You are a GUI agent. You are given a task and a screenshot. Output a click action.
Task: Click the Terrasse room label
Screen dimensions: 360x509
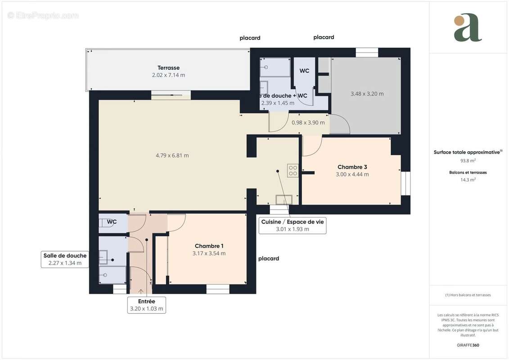pyautogui.click(x=168, y=68)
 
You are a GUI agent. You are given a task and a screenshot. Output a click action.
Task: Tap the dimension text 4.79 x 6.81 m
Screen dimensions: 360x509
pyautogui.click(x=172, y=156)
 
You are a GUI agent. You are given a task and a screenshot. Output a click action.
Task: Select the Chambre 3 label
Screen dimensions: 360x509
pyautogui.click(x=352, y=167)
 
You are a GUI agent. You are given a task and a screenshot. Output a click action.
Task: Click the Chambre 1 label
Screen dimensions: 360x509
pyautogui.click(x=209, y=246)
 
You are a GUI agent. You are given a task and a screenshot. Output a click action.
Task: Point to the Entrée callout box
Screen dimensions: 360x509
pyautogui.click(x=146, y=305)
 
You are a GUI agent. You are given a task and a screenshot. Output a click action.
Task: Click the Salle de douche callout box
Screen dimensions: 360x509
pyautogui.click(x=65, y=259)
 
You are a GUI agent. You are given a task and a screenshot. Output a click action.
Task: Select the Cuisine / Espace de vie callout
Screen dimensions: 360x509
pyautogui.click(x=292, y=225)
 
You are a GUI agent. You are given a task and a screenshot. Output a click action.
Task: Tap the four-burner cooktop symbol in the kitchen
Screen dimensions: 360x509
pyautogui.click(x=293, y=170)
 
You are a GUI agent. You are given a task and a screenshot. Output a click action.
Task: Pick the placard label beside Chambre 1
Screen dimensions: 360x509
pyautogui.click(x=269, y=259)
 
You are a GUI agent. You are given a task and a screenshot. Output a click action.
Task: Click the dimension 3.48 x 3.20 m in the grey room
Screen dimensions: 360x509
pyautogui.click(x=367, y=94)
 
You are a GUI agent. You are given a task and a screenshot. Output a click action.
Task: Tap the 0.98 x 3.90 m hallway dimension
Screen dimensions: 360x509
pyautogui.click(x=308, y=122)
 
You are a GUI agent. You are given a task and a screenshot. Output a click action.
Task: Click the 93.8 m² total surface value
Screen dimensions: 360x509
pyautogui.click(x=468, y=160)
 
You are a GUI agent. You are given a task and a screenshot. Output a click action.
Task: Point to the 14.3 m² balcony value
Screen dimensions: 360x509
pyautogui.click(x=468, y=179)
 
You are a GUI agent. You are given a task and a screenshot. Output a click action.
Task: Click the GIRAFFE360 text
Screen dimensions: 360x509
pyautogui.click(x=468, y=345)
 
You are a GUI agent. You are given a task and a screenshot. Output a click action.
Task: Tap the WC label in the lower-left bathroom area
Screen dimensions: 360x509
pyautogui.click(x=112, y=222)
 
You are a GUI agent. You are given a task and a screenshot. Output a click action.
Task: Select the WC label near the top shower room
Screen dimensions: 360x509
pyautogui.click(x=304, y=71)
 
